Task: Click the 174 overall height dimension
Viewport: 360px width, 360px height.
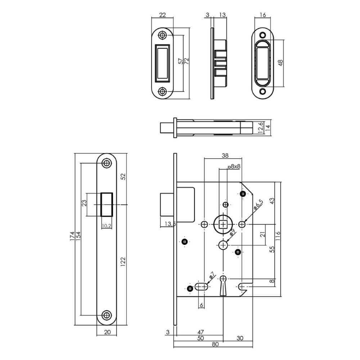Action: point(72,235)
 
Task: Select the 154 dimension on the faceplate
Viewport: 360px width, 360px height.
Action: point(78,235)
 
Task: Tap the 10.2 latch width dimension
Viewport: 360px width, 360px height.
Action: point(106,226)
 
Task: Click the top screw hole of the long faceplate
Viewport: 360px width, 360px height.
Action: point(106,163)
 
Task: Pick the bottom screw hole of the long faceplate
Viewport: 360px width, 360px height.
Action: point(106,315)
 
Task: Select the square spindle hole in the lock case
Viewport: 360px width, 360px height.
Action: point(224,224)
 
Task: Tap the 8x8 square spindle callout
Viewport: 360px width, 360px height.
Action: point(234,167)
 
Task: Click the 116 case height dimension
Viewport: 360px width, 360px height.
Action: point(278,235)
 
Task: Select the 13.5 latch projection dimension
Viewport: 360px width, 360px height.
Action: point(170,224)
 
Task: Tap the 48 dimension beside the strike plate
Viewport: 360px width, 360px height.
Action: point(281,63)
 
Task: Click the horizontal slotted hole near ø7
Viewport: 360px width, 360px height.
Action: point(202,287)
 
